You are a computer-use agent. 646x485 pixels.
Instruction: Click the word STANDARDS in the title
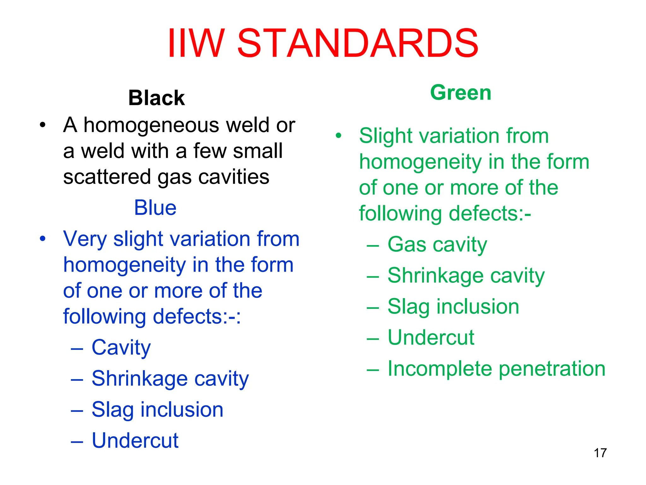point(357,44)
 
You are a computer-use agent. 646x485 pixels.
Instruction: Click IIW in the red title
point(196,44)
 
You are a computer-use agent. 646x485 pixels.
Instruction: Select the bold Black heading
point(156,98)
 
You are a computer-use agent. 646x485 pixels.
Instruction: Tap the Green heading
point(461,93)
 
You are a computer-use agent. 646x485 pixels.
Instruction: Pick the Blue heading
point(155,208)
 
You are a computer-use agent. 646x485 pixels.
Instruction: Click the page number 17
point(600,453)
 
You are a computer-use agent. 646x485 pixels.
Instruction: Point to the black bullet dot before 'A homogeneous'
point(43,125)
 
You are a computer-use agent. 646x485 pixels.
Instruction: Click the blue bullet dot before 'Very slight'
point(43,239)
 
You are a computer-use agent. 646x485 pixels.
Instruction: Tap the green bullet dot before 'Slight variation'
point(338,136)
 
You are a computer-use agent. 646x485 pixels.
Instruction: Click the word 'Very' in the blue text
point(85,239)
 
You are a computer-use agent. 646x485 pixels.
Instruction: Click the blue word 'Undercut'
point(135,440)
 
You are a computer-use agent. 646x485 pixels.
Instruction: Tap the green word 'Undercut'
point(431,338)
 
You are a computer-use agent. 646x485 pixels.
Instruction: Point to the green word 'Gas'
point(407,245)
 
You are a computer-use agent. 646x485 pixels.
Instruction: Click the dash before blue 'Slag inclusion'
point(77,410)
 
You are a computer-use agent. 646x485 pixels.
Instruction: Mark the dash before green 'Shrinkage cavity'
point(373,276)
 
